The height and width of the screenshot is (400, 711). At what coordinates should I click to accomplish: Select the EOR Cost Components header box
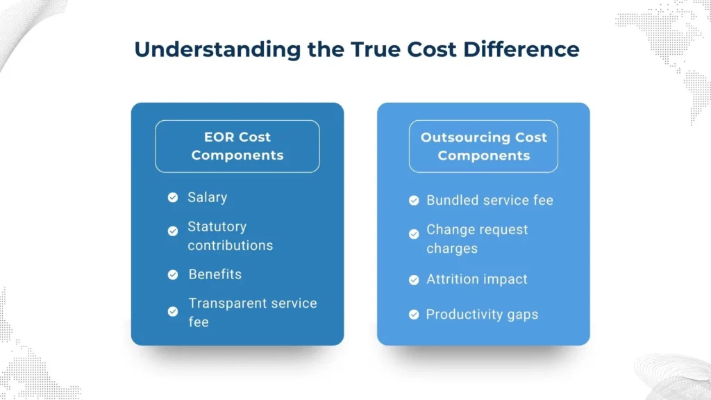tap(237, 146)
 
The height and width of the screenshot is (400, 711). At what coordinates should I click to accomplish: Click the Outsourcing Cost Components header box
tap(483, 146)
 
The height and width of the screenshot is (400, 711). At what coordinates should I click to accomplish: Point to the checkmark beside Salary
tap(173, 198)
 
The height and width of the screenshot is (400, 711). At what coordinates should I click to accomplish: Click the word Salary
tap(207, 198)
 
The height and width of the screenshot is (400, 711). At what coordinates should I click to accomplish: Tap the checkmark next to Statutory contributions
tap(173, 231)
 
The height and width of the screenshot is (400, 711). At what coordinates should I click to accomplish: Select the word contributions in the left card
tap(230, 245)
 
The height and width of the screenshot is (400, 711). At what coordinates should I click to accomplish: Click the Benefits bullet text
tap(215, 274)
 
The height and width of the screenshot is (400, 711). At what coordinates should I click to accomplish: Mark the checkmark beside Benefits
tap(173, 274)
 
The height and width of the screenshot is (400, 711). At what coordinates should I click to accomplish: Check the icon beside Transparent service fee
tap(173, 312)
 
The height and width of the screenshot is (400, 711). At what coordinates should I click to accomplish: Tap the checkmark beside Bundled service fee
tap(414, 201)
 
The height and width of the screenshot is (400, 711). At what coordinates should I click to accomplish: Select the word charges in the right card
tap(452, 249)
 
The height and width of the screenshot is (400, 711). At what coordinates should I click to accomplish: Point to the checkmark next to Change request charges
tap(414, 234)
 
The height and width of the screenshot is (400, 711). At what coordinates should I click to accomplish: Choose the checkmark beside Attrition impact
tap(414, 280)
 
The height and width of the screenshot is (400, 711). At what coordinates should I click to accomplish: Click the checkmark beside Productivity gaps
tap(414, 315)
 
